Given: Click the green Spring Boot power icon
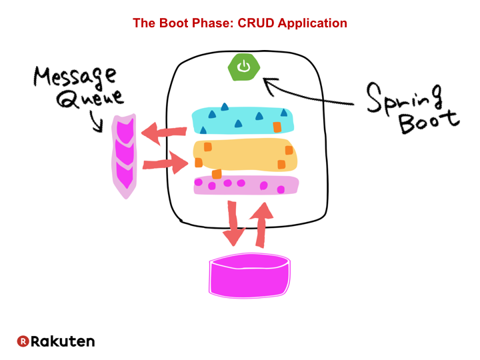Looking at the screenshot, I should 244,67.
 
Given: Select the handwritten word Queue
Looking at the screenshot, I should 91,99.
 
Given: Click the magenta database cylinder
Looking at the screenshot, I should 250,275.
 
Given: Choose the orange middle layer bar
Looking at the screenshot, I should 244,156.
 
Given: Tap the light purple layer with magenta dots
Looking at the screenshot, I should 244,185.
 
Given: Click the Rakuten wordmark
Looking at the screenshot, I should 63,341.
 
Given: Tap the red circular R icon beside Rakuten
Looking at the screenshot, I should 23,341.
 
